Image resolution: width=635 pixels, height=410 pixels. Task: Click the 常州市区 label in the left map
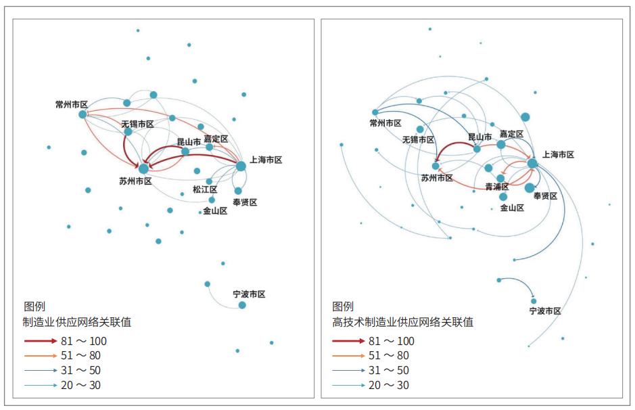point(71,104)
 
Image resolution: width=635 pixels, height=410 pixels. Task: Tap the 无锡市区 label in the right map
point(418,140)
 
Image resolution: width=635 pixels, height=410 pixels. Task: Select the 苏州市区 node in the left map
point(143,168)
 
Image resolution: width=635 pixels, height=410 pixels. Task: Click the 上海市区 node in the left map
point(241,166)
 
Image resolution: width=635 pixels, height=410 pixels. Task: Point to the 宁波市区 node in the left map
point(242,305)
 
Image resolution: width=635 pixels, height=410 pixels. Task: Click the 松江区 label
point(205,189)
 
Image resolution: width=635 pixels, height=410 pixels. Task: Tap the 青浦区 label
point(497,187)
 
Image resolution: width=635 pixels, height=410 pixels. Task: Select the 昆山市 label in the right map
point(480,137)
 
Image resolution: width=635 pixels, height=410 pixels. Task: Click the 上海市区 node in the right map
point(532,163)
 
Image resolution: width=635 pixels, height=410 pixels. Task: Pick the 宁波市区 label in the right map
point(545,311)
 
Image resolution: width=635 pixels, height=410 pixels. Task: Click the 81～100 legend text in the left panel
point(84,341)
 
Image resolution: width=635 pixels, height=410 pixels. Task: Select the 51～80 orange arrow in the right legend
point(349,356)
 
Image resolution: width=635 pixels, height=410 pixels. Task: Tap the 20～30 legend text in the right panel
point(389,385)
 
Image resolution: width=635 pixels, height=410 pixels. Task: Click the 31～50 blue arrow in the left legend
point(41,370)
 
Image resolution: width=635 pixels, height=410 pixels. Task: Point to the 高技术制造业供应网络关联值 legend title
point(402,322)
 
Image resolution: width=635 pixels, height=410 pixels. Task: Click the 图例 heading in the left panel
point(34,306)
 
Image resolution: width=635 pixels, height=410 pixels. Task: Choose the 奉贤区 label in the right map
point(545,196)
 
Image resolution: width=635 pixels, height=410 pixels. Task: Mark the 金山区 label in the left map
point(215,211)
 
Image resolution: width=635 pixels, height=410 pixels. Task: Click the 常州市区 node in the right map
point(375,112)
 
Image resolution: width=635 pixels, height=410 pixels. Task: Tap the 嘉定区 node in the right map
point(501,145)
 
